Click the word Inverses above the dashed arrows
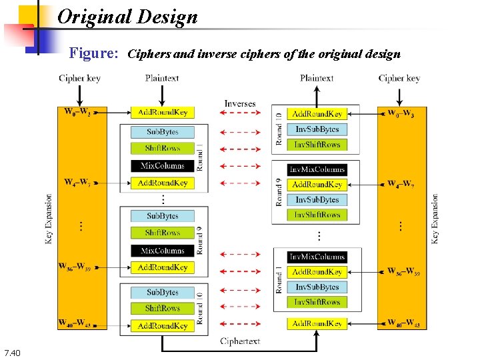pyautogui.click(x=240, y=103)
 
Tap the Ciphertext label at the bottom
pyautogui.click(x=240, y=341)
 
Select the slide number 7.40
pyautogui.click(x=12, y=352)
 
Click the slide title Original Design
pyautogui.click(x=127, y=17)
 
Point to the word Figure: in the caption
pyautogui.click(x=94, y=53)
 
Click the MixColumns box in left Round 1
pyautogui.click(x=163, y=165)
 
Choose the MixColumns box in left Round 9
pyautogui.click(x=163, y=251)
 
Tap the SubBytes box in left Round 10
pyautogui.click(x=163, y=292)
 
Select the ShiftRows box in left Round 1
pyautogui.click(x=163, y=148)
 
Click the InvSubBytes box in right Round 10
pyautogui.click(x=317, y=129)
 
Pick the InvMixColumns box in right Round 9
pyautogui.click(x=317, y=169)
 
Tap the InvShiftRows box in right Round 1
pyautogui.click(x=317, y=302)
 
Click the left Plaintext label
pyautogui.click(x=162, y=78)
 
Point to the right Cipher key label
pyautogui.click(x=399, y=78)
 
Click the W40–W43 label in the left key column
pyautogui.click(x=77, y=324)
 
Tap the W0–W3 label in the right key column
pyautogui.click(x=401, y=113)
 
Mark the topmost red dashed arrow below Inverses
pyautogui.click(x=240, y=113)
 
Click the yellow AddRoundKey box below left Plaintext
pyautogui.click(x=163, y=113)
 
